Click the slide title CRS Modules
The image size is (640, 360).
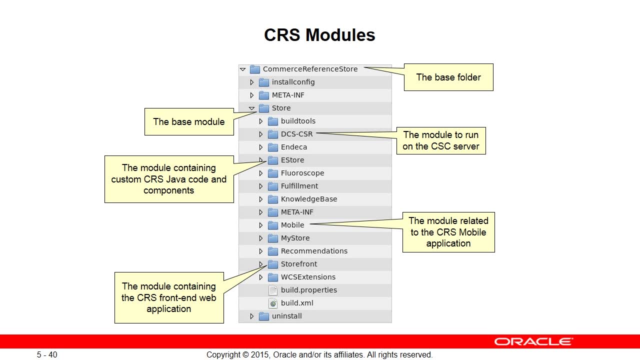[x=319, y=35]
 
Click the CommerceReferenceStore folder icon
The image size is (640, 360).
[x=254, y=69]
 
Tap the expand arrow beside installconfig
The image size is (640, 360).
[x=251, y=82]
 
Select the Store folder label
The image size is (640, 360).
[x=281, y=108]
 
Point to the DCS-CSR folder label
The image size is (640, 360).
[x=296, y=134]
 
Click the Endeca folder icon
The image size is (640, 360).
[x=272, y=147]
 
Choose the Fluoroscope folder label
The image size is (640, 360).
[x=302, y=173]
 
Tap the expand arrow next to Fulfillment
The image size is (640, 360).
[x=260, y=186]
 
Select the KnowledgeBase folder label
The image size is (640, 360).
[x=309, y=199]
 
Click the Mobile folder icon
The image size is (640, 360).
[x=272, y=225]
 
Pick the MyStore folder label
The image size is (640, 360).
[x=295, y=238]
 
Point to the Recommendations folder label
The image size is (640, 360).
[x=314, y=251]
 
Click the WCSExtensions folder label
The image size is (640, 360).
[x=308, y=277]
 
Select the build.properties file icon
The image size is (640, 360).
[x=273, y=290]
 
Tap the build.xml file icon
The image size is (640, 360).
[x=273, y=303]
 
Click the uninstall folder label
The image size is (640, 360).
[x=286, y=316]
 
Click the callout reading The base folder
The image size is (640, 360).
[x=448, y=77]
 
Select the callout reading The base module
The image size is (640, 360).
[x=189, y=121]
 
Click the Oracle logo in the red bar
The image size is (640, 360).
[x=533, y=341]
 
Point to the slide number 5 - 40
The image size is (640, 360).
[x=47, y=354]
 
